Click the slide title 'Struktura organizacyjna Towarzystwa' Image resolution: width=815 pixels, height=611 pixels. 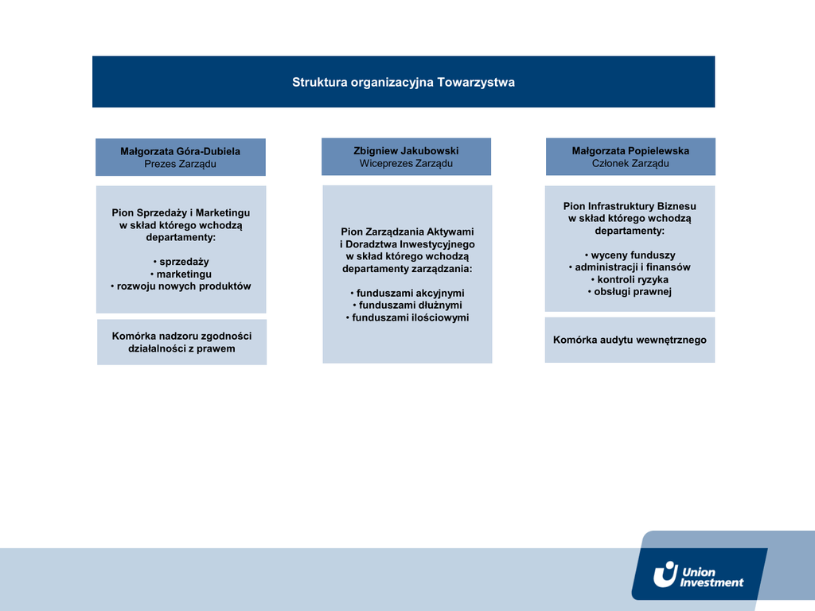[403, 82]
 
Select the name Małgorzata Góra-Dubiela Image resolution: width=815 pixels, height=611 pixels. [180, 151]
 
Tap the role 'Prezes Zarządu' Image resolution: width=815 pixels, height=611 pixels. [180, 165]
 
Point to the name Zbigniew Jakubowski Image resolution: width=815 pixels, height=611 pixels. [406, 150]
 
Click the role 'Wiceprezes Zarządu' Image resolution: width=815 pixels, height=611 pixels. [406, 164]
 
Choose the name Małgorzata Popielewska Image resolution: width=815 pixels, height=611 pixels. [630, 150]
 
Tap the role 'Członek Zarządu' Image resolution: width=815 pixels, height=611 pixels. [630, 164]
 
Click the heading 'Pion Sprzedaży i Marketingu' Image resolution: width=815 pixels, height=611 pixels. [181, 213]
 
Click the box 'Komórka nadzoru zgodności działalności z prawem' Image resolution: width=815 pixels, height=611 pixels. [181, 342]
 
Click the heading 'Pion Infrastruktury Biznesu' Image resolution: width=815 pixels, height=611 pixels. [630, 206]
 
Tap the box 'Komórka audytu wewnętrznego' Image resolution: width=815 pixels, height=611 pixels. [630, 340]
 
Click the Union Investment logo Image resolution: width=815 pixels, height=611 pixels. [699, 574]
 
